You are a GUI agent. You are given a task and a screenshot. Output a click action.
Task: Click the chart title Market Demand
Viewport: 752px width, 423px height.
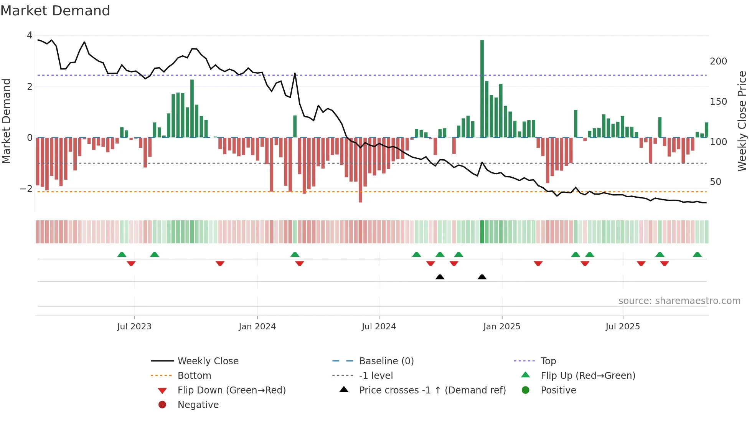pos(55,11)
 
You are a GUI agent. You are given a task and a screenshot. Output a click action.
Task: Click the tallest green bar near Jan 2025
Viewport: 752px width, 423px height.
pos(482,88)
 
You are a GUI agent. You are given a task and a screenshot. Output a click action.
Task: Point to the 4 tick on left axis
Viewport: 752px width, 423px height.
pos(30,35)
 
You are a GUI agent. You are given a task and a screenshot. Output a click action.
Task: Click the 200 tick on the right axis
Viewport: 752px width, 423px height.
pos(718,61)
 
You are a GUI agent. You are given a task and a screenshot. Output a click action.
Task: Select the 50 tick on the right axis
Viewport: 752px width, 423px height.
pos(715,182)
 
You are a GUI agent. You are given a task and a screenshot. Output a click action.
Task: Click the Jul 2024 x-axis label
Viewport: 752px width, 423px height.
pos(379,327)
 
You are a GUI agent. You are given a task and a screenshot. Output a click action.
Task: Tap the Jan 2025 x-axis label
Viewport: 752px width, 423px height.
pos(501,327)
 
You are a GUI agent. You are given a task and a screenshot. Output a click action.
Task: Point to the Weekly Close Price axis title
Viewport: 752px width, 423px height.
pos(742,121)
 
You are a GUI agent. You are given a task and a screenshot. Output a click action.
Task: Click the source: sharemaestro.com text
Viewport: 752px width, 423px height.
pos(679,301)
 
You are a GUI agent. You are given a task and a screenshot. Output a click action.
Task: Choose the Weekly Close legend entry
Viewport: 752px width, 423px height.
pos(208,361)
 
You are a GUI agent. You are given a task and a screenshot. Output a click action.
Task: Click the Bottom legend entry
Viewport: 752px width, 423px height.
pos(194,376)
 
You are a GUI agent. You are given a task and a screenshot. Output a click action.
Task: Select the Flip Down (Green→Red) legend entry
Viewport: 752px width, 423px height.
pos(231,390)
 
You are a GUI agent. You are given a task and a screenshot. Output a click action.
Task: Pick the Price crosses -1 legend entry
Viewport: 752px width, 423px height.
pos(432,390)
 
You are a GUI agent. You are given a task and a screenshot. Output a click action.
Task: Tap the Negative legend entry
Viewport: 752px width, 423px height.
pos(198,405)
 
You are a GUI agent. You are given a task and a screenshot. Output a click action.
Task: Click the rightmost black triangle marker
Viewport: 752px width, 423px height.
pos(482,277)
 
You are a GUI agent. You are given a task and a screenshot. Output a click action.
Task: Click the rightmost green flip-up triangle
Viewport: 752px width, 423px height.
pos(697,254)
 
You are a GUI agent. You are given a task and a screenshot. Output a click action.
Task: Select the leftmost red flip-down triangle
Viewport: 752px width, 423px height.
pos(131,263)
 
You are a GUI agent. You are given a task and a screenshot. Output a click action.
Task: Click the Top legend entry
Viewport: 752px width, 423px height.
pos(548,361)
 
